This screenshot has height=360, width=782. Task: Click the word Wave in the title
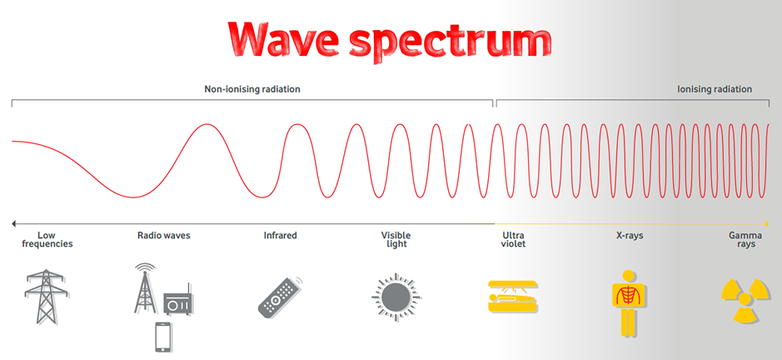point(284,39)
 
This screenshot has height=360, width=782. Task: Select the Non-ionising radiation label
point(252,89)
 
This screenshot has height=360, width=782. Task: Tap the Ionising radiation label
point(715,89)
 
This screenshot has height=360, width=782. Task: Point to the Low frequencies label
point(47,240)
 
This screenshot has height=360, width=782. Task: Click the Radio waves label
point(163,235)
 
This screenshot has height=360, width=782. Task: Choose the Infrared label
point(281,235)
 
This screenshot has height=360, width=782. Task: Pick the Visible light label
point(396,240)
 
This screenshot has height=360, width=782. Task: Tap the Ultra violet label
point(513,240)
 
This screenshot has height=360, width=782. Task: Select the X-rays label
point(630,235)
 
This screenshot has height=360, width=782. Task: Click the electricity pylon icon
point(47,297)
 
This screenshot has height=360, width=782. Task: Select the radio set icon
point(178,300)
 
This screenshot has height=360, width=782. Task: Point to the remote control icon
point(281,297)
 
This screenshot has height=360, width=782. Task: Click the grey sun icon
point(396,297)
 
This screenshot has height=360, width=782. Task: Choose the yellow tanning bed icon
point(513,297)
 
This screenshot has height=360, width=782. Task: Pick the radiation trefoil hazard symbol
point(745,300)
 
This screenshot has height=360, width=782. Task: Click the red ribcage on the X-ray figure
point(630,295)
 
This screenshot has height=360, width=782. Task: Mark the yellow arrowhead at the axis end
point(766,223)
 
